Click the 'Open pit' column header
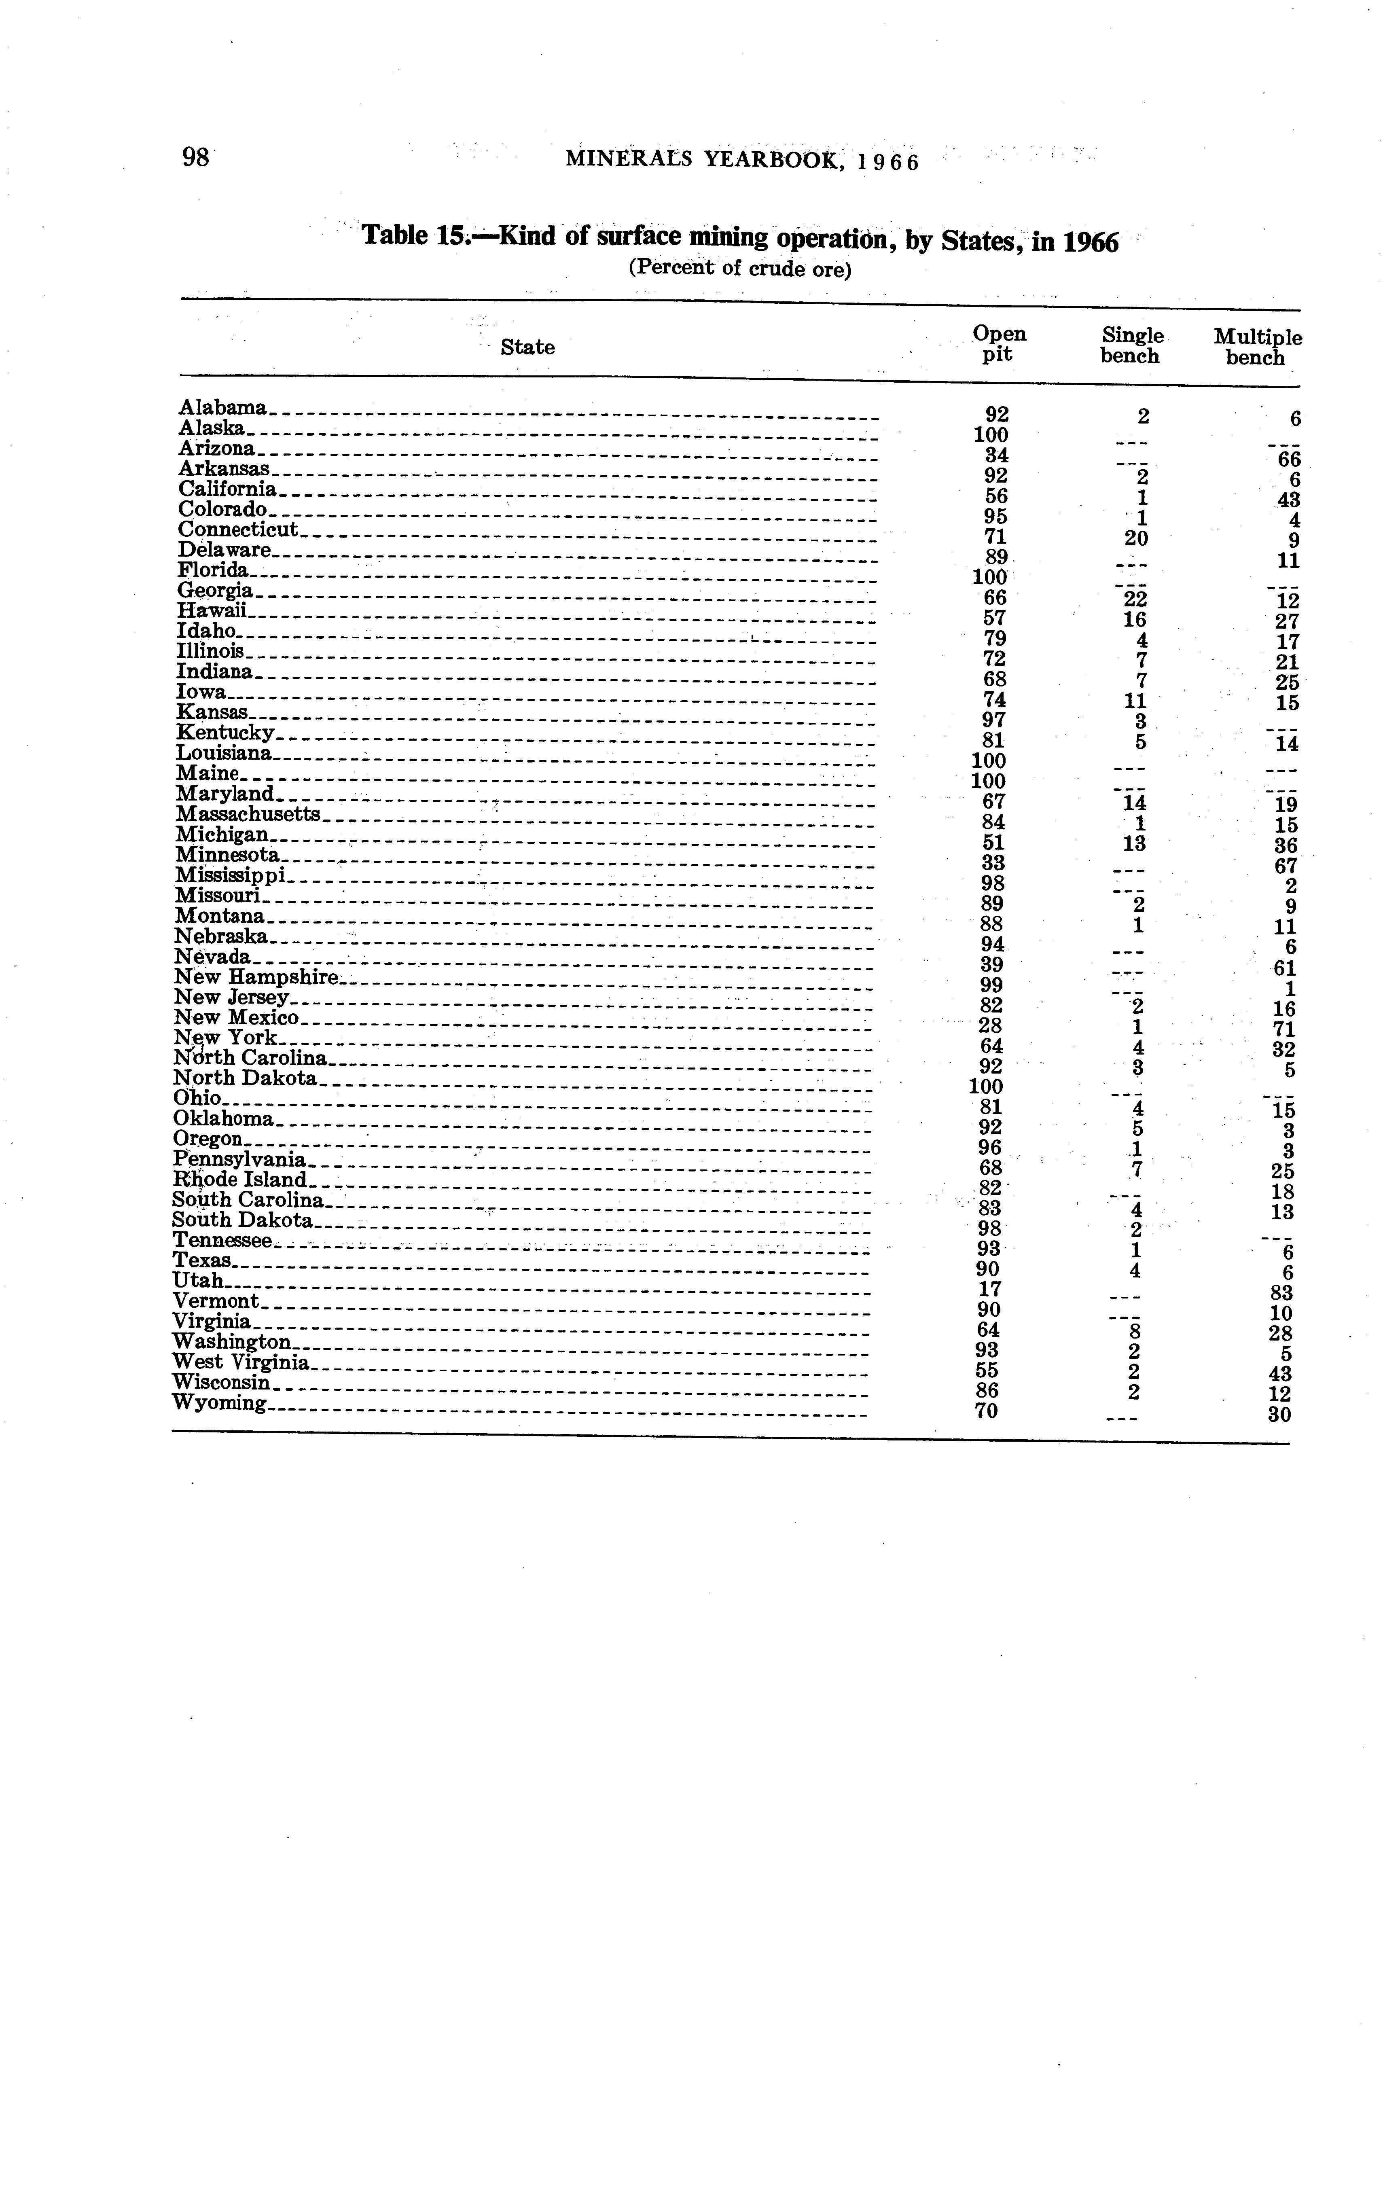[999, 344]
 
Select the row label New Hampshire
[256, 977]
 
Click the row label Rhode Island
[241, 1180]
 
